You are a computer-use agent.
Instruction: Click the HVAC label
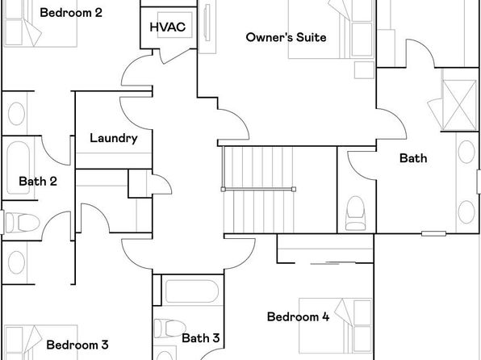[168, 27]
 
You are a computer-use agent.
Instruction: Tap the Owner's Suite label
[286, 37]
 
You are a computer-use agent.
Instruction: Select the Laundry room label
[114, 138]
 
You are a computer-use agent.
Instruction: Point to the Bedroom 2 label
[71, 13]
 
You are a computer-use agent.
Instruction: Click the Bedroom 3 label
[77, 345]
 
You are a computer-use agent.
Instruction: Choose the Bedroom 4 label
[298, 316]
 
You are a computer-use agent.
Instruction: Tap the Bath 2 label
[38, 181]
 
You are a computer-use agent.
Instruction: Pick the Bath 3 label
[201, 338]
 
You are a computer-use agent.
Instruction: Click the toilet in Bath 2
[22, 222]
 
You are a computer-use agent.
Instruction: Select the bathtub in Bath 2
[19, 168]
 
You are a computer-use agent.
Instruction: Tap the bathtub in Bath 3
[192, 291]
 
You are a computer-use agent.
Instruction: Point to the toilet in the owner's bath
[356, 213]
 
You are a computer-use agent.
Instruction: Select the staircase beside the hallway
[258, 190]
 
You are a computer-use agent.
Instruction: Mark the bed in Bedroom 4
[336, 325]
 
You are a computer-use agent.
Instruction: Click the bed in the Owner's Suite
[332, 29]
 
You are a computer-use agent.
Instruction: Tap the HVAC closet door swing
[178, 56]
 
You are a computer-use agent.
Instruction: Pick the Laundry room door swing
[136, 113]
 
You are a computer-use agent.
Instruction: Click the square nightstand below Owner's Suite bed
[364, 70]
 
